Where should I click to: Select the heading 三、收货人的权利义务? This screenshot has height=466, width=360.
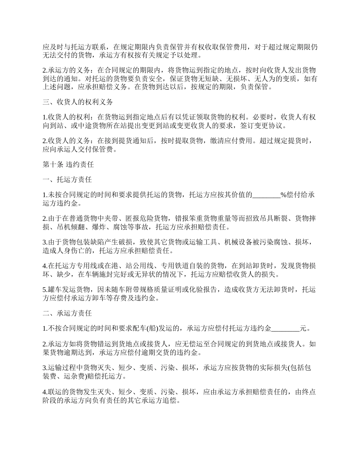click(78, 102)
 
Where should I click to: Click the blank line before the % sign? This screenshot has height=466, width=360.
click(266, 195)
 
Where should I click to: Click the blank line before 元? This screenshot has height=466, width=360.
click(286, 328)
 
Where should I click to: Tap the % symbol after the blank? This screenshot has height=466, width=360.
click(283, 195)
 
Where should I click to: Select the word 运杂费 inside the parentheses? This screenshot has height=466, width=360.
click(68, 377)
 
